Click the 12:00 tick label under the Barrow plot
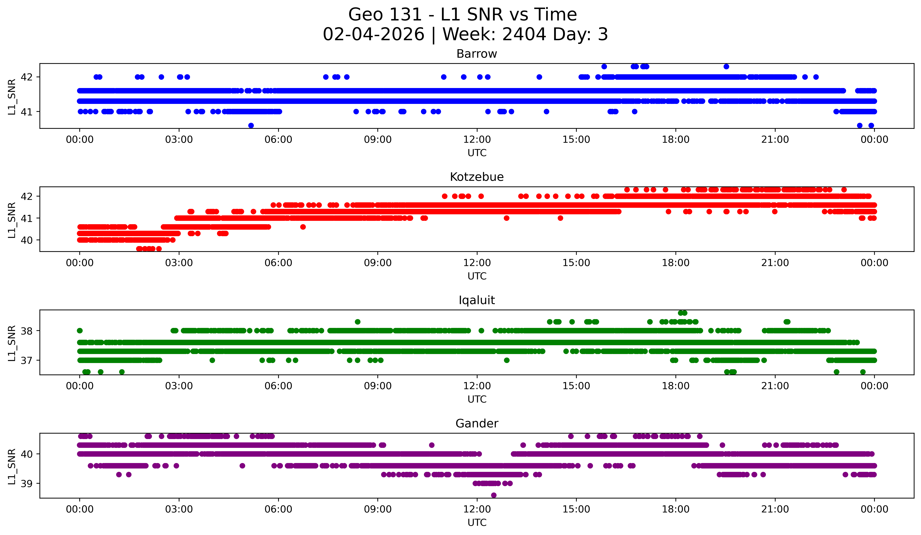click(x=477, y=140)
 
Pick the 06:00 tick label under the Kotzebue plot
click(x=278, y=263)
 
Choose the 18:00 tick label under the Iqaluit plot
click(x=675, y=386)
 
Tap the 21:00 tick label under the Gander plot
click(x=775, y=509)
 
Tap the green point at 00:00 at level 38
click(x=80, y=331)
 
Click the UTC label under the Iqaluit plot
click(x=477, y=399)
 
